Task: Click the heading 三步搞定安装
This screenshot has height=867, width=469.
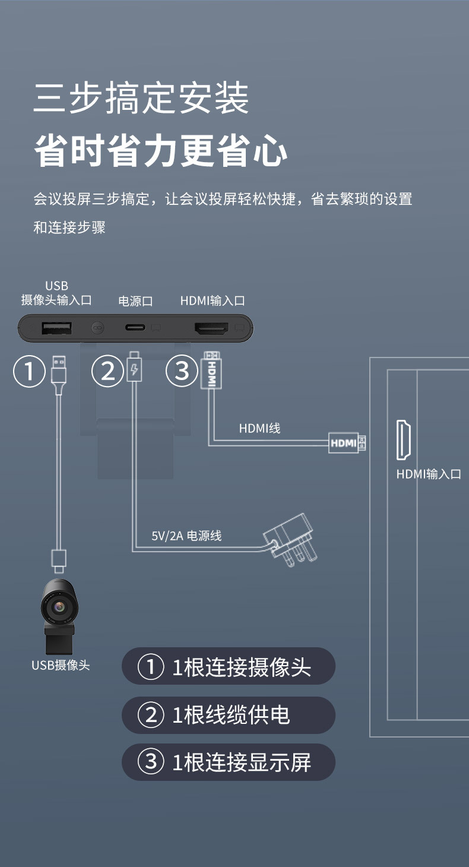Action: [x=141, y=99]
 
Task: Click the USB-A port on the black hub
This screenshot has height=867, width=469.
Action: [x=57, y=327]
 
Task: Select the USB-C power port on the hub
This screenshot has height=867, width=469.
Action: [x=135, y=327]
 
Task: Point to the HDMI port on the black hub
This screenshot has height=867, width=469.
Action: [x=212, y=327]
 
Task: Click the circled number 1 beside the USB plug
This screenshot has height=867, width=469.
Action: [x=29, y=372]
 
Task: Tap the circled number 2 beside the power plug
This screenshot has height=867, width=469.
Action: [x=107, y=372]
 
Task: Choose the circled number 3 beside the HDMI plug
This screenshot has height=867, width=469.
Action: [x=182, y=372]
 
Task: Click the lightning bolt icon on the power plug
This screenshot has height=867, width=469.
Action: [x=135, y=372]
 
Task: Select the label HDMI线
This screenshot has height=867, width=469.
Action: [x=259, y=428]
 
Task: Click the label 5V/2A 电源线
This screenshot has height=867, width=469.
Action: [x=186, y=536]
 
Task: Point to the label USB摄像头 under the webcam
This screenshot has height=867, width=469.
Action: [x=61, y=666]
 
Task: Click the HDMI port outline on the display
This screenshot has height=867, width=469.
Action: [x=404, y=440]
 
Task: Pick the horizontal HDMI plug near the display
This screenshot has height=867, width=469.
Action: [x=347, y=442]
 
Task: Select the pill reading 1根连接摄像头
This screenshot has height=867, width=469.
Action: [x=229, y=667]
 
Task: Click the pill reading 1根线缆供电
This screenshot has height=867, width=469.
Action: [x=229, y=715]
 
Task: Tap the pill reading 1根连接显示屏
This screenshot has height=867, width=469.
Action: [x=229, y=762]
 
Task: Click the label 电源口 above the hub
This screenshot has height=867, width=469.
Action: [x=135, y=302]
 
